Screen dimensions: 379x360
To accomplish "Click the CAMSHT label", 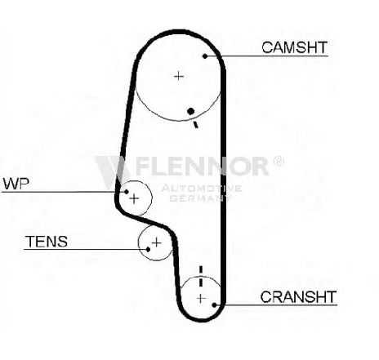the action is [294, 47].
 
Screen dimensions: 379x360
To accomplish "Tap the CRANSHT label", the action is [298, 297].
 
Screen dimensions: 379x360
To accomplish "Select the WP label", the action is [16, 184].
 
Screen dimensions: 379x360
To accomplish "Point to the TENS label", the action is [47, 242].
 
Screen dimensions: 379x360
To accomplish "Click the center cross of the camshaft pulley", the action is [179, 76].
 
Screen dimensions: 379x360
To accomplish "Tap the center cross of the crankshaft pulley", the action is [201, 299].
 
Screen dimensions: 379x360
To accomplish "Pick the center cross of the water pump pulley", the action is [134, 198].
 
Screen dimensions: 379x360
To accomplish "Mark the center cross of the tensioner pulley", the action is [156, 242].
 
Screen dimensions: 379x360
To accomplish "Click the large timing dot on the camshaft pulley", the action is [191, 111].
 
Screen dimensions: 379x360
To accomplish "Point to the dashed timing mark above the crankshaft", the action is [201, 276].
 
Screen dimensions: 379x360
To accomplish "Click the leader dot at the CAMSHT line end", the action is [205, 56].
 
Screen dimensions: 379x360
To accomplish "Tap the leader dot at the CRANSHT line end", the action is [214, 304].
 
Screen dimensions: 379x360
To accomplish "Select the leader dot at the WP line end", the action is [126, 192].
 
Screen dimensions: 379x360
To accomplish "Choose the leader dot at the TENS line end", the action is [148, 249].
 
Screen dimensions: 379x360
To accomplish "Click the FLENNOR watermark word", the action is [202, 166].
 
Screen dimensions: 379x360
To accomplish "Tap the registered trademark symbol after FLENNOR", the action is [279, 161].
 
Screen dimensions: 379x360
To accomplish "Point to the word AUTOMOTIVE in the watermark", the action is [202, 189].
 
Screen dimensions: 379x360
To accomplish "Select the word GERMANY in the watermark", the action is [200, 198].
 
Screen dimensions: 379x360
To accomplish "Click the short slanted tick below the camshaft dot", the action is [195, 125].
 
